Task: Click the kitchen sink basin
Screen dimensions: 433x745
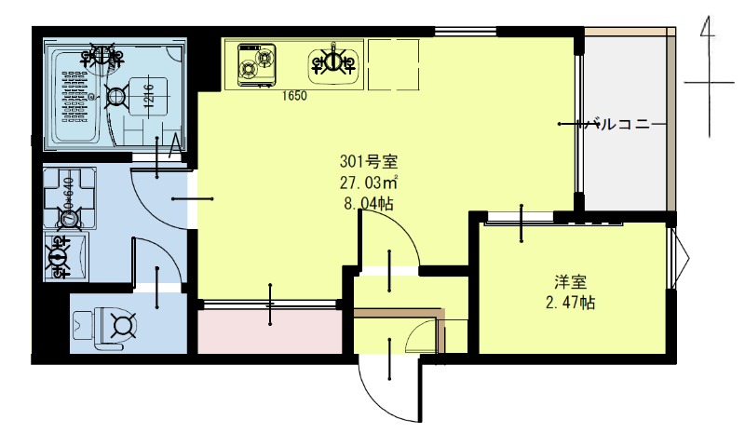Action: [334, 62]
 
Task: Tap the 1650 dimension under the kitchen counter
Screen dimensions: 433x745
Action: [294, 95]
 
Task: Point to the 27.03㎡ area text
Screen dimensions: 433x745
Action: [369, 183]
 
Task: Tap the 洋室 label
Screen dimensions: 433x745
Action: [570, 281]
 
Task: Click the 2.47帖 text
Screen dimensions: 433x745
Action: [571, 303]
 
